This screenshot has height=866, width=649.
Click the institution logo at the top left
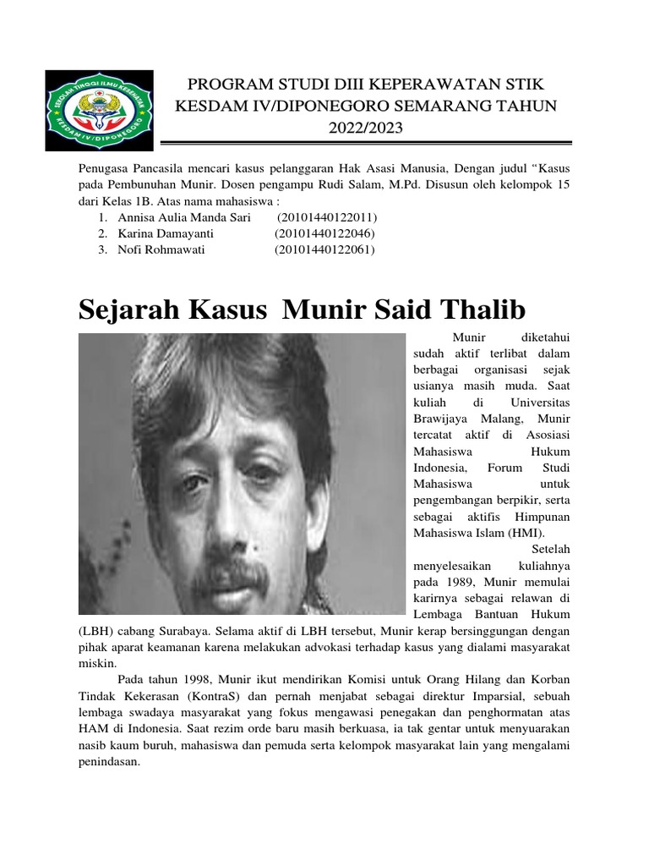point(99,107)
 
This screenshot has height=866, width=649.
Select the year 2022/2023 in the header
point(366,129)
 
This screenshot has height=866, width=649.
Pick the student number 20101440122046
point(324,233)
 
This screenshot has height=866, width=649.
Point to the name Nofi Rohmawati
point(157,249)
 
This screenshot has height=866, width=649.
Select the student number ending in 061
point(324,249)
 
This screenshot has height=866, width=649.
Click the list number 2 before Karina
point(101,233)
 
